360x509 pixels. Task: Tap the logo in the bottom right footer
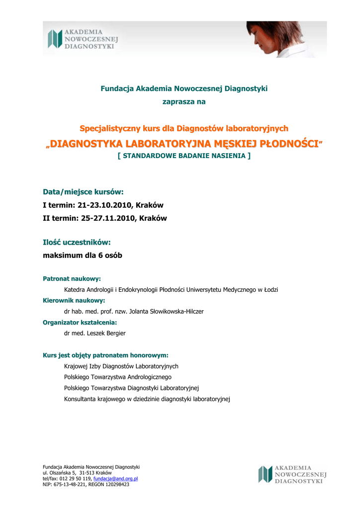coord(292,474)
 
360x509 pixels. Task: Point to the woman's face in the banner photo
coord(261,36)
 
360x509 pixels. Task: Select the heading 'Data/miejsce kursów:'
coord(83,191)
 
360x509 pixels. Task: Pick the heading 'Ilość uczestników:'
coord(77,242)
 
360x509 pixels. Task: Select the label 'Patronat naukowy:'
coord(72,279)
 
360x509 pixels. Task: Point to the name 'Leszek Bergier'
coord(106,333)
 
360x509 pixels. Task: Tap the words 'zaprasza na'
coord(184,102)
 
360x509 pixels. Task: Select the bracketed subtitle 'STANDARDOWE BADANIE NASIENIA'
coord(184,156)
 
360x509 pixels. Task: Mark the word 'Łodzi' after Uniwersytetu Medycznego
coord(270,289)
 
